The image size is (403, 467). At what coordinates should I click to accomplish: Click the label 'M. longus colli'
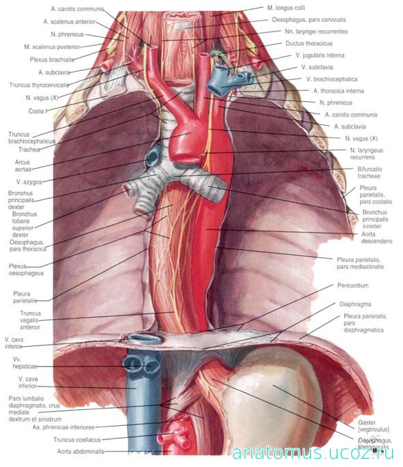click(286, 8)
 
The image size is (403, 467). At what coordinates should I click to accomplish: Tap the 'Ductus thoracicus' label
click(309, 44)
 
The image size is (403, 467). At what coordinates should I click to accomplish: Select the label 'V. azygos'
click(29, 182)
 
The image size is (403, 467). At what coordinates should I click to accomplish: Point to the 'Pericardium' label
click(352, 285)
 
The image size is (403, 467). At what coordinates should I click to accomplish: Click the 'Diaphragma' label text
click(355, 304)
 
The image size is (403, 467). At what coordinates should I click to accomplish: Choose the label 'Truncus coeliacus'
click(77, 440)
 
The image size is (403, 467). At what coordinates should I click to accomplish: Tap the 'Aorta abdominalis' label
click(81, 451)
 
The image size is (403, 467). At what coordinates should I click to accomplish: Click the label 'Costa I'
click(38, 111)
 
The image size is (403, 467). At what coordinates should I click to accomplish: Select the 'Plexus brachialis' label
click(52, 59)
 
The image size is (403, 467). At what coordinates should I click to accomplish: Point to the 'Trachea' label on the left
click(29, 150)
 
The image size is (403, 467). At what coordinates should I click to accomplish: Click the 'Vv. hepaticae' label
click(25, 363)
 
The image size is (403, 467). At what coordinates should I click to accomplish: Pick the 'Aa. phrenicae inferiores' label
click(64, 427)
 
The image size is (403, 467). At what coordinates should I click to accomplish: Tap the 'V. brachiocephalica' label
click(332, 79)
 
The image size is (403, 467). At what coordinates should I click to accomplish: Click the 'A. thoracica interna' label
click(339, 91)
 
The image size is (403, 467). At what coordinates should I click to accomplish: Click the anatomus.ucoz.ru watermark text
click(313, 453)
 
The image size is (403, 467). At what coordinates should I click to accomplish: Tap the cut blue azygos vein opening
click(154, 156)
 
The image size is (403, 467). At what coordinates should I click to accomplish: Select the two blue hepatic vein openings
click(141, 365)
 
